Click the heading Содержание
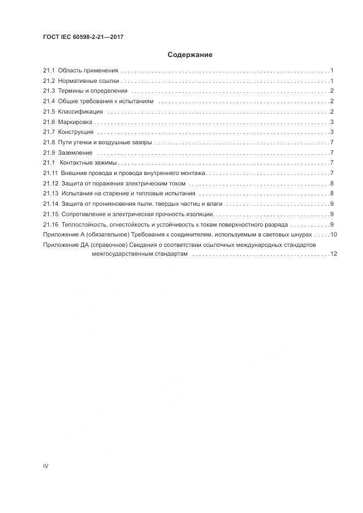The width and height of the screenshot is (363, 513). (189, 55)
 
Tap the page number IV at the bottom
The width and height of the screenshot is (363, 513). (46, 466)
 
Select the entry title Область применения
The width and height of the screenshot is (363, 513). (88, 70)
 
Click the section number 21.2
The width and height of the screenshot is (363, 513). (49, 81)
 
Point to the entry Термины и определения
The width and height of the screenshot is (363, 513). (92, 91)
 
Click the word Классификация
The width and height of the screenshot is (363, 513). (80, 111)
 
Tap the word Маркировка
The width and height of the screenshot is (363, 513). (76, 122)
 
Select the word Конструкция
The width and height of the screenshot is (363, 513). (76, 132)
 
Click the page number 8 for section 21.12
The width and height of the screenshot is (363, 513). (332, 183)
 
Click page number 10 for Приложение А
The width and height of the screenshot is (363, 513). (333, 234)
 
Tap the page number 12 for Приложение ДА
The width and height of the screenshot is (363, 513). (333, 254)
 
